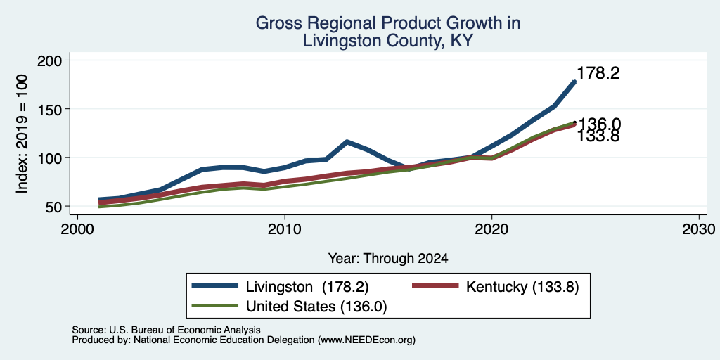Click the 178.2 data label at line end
point(598,73)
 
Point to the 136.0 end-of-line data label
point(599,124)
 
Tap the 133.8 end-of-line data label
point(598,136)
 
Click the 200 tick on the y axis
point(52,60)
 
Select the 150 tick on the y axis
point(52,109)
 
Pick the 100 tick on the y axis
point(52,158)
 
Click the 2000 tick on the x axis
point(77,229)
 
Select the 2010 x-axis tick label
point(285,229)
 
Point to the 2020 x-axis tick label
point(491,229)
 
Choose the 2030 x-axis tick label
point(699,229)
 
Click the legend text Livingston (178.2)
point(307,287)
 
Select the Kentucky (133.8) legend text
point(522,287)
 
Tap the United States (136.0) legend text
point(316,307)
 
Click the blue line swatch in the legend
point(215,285)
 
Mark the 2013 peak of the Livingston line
point(347,142)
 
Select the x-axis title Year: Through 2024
point(388,259)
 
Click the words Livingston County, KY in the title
point(388,41)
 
